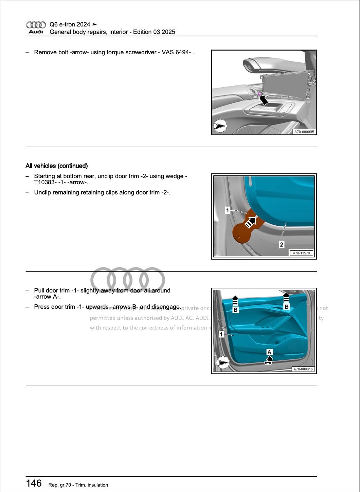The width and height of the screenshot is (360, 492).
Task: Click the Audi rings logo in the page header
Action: click(x=36, y=25)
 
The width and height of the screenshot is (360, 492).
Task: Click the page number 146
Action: click(x=34, y=483)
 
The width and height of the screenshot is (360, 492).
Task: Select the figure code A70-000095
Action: click(x=304, y=132)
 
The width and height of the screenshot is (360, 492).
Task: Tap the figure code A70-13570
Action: click(x=301, y=253)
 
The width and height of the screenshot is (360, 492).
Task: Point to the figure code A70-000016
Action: click(x=303, y=369)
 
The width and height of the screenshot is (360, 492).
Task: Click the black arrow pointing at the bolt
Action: click(x=263, y=99)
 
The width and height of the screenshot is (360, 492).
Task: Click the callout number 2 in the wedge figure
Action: click(x=282, y=244)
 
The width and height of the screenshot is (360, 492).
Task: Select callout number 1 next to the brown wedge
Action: click(x=228, y=210)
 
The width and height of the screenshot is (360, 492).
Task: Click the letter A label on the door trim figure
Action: click(x=269, y=352)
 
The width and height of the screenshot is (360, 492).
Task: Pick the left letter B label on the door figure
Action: click(x=235, y=310)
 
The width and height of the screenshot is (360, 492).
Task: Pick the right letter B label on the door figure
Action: click(x=286, y=307)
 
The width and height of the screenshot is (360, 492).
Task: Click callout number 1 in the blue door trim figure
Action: click(x=221, y=335)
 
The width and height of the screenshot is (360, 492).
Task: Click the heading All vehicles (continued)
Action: click(x=57, y=166)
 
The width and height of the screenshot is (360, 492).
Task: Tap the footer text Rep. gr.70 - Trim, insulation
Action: click(x=78, y=485)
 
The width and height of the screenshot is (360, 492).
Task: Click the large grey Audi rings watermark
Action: click(x=128, y=280)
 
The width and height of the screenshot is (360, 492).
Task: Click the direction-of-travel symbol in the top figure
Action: click(x=220, y=126)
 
